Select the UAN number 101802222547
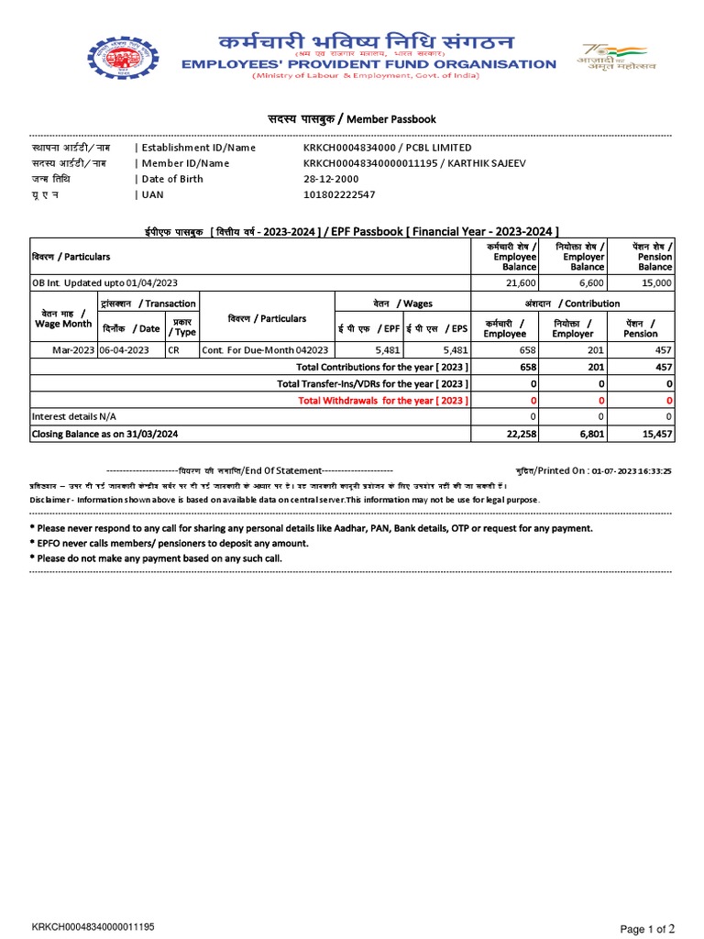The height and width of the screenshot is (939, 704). (339, 194)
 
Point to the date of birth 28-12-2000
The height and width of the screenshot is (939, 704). (331, 179)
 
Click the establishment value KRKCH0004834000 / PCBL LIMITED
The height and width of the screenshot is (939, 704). (387, 148)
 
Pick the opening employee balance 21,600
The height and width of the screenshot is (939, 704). (521, 283)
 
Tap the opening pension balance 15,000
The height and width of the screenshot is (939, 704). (655, 283)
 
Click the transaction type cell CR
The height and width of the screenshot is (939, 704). (174, 349)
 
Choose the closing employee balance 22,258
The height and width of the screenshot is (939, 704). (520, 434)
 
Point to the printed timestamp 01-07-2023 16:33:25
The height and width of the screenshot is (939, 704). (632, 470)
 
